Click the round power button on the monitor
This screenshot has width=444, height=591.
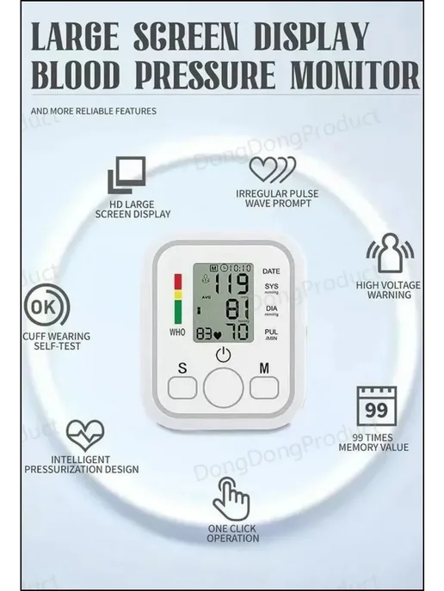[x=223, y=388]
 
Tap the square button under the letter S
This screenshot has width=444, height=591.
[x=182, y=387]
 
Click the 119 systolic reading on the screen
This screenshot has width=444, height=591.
[x=231, y=283]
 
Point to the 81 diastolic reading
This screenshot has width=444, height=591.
[x=237, y=309]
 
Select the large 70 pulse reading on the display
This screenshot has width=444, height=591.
[x=237, y=331]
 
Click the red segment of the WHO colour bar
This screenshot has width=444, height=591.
[x=177, y=282]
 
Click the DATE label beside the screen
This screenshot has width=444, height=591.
[x=271, y=271]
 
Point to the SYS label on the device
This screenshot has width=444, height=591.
[x=271, y=286]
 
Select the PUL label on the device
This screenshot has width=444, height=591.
[x=271, y=332]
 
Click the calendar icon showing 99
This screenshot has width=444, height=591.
[x=377, y=406]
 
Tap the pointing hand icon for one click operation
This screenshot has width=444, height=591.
[x=231, y=499]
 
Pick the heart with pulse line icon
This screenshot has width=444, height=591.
[x=85, y=435]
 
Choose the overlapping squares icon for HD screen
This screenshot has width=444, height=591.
[x=126, y=175]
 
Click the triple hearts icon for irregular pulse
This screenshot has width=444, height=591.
[x=273, y=169]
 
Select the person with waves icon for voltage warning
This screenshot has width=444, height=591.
[x=391, y=253]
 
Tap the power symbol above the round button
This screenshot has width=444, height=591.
[x=223, y=355]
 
